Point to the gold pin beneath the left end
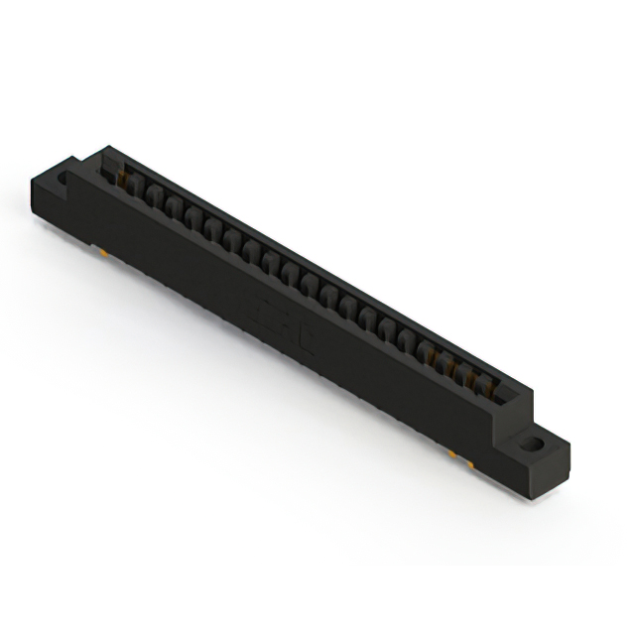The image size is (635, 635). click(x=106, y=255)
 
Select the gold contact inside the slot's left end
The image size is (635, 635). click(x=123, y=179)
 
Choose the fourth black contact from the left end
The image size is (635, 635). click(x=192, y=214)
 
